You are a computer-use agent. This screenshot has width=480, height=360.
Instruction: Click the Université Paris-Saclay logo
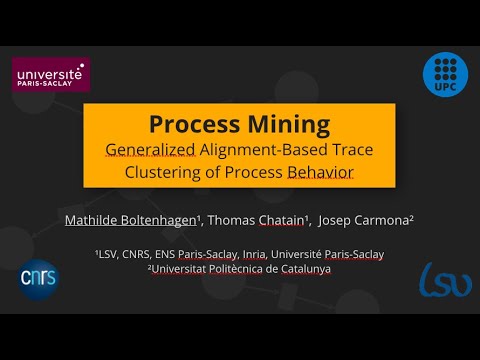[49, 75]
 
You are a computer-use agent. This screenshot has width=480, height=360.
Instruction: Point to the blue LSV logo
[445, 281]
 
